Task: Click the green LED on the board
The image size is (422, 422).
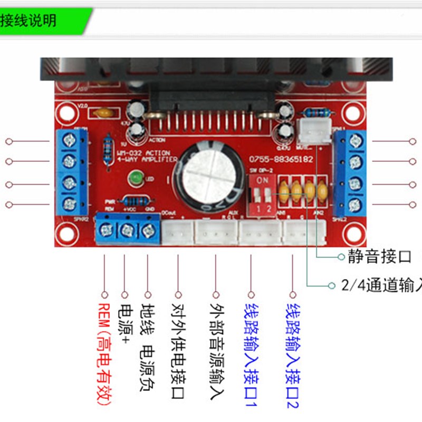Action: point(136,178)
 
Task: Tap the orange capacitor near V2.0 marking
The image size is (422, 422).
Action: point(104,113)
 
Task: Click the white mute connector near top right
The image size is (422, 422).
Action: point(311,130)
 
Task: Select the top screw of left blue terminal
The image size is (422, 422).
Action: point(69,140)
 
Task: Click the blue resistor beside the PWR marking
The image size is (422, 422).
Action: point(135,202)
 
